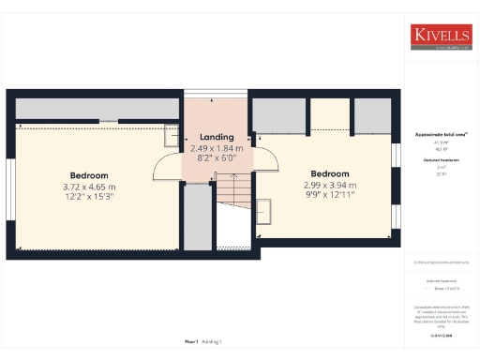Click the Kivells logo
click(x=440, y=37)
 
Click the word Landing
click(x=217, y=138)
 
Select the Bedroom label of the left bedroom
click(x=89, y=175)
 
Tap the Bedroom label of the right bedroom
click(x=330, y=173)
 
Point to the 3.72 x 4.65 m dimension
click(x=89, y=187)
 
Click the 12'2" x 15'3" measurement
click(x=89, y=197)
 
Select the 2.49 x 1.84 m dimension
click(x=217, y=148)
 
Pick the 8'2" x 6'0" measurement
click(x=217, y=158)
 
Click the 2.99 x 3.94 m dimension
click(x=330, y=185)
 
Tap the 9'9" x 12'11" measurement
click(x=330, y=195)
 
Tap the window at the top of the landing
click(x=217, y=92)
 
